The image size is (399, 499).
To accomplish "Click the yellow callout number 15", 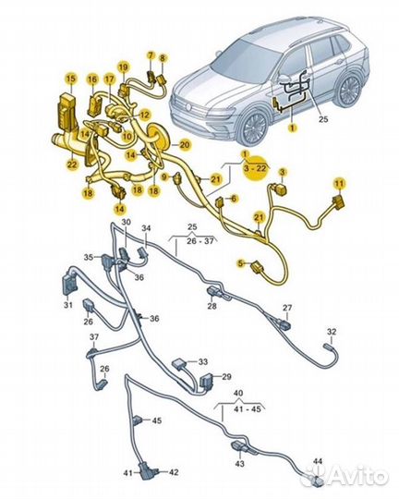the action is point(71,79).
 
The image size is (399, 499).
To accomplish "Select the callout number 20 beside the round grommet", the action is point(184,145).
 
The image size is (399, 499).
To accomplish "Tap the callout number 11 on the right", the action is point(340,184).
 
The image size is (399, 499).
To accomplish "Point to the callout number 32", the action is point(332,332).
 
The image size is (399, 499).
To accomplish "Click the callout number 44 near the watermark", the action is point(318,461).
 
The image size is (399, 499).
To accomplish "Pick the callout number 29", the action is point(226,377).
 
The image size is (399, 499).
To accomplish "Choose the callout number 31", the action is point(67,305).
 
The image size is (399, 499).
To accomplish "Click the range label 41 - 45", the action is point(248,408).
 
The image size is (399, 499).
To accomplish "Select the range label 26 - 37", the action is point(200,241).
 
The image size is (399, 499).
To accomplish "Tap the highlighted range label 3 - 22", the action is point(255,168).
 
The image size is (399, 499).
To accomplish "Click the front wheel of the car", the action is point(254,127).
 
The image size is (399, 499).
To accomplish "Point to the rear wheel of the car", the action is point(349,91).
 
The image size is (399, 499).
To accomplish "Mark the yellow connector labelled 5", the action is point(257,267).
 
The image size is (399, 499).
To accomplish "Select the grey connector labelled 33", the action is point(179,364).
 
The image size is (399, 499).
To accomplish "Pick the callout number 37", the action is point(94,336).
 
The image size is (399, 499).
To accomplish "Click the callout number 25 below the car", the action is point(323,119).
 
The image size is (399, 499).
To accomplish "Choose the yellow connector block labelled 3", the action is point(280,191).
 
